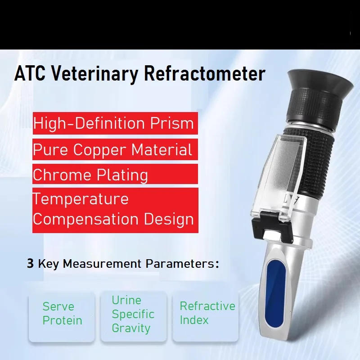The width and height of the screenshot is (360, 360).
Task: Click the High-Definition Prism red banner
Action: click(115, 123)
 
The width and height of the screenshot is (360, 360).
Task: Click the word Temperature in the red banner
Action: click(81, 199)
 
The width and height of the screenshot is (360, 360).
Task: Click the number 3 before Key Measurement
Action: click(30, 264)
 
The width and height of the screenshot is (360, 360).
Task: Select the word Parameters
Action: click(182, 264)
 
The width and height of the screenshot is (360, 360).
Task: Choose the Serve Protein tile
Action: click(62, 314)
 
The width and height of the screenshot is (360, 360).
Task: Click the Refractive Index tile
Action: click(207, 313)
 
